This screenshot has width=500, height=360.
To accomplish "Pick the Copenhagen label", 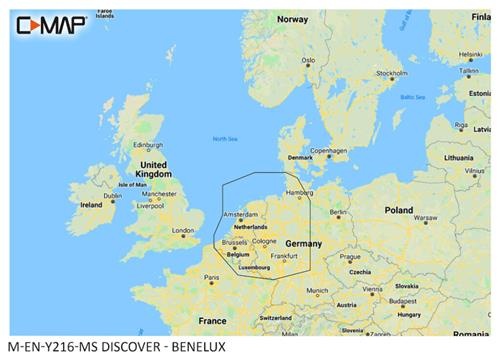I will coord(333,151).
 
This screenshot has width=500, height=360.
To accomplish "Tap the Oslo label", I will coord(309,59).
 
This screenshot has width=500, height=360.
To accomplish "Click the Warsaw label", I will coord(427,216).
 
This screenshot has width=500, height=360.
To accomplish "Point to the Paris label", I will coord(211,277).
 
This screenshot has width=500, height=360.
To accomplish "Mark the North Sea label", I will coord(226,139).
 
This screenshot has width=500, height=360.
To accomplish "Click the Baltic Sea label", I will coord(413,97).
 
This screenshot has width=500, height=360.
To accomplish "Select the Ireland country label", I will coord(91,204).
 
